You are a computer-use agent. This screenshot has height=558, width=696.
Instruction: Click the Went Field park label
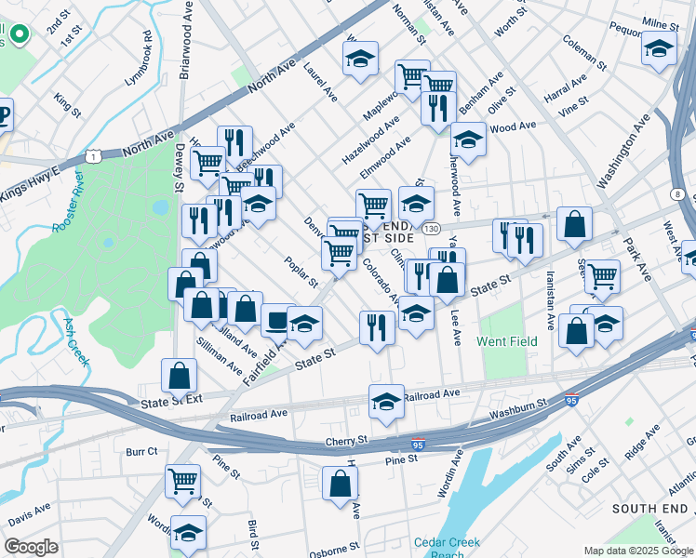[507, 341]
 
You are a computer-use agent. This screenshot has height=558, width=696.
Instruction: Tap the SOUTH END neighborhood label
[649, 509]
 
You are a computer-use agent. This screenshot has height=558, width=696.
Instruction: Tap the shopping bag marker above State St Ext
[180, 376]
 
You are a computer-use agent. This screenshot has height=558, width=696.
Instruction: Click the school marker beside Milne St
[659, 49]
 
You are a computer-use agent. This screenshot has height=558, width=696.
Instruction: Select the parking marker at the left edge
[4, 115]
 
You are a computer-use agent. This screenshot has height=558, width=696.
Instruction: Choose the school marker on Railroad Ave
[386, 402]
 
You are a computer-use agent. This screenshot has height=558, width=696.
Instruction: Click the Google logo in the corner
[31, 547]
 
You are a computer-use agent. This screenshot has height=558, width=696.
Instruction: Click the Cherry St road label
[347, 441]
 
